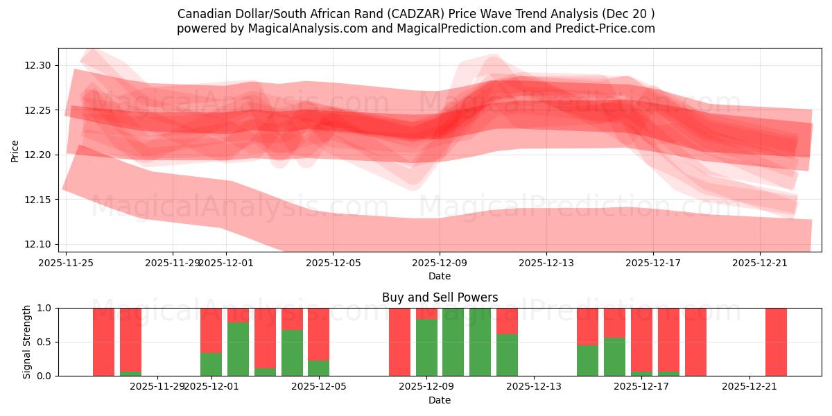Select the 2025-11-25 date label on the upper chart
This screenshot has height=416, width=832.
(x=66, y=263)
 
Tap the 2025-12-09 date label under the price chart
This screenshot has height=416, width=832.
(x=440, y=263)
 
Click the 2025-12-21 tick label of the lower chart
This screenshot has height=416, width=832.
(x=749, y=387)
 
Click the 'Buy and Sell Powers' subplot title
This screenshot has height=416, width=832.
(x=440, y=297)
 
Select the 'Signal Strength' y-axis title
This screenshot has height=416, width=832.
(x=27, y=342)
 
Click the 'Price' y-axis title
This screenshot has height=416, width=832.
(x=15, y=151)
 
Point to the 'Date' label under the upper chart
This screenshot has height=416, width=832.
(x=440, y=276)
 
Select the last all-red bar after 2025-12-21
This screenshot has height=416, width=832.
(x=776, y=342)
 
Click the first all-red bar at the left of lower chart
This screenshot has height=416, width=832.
(x=103, y=342)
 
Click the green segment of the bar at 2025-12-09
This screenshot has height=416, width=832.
(x=426, y=347)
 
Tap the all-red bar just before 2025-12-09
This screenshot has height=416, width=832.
(x=399, y=342)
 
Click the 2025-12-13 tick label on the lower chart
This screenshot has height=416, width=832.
(x=535, y=387)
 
